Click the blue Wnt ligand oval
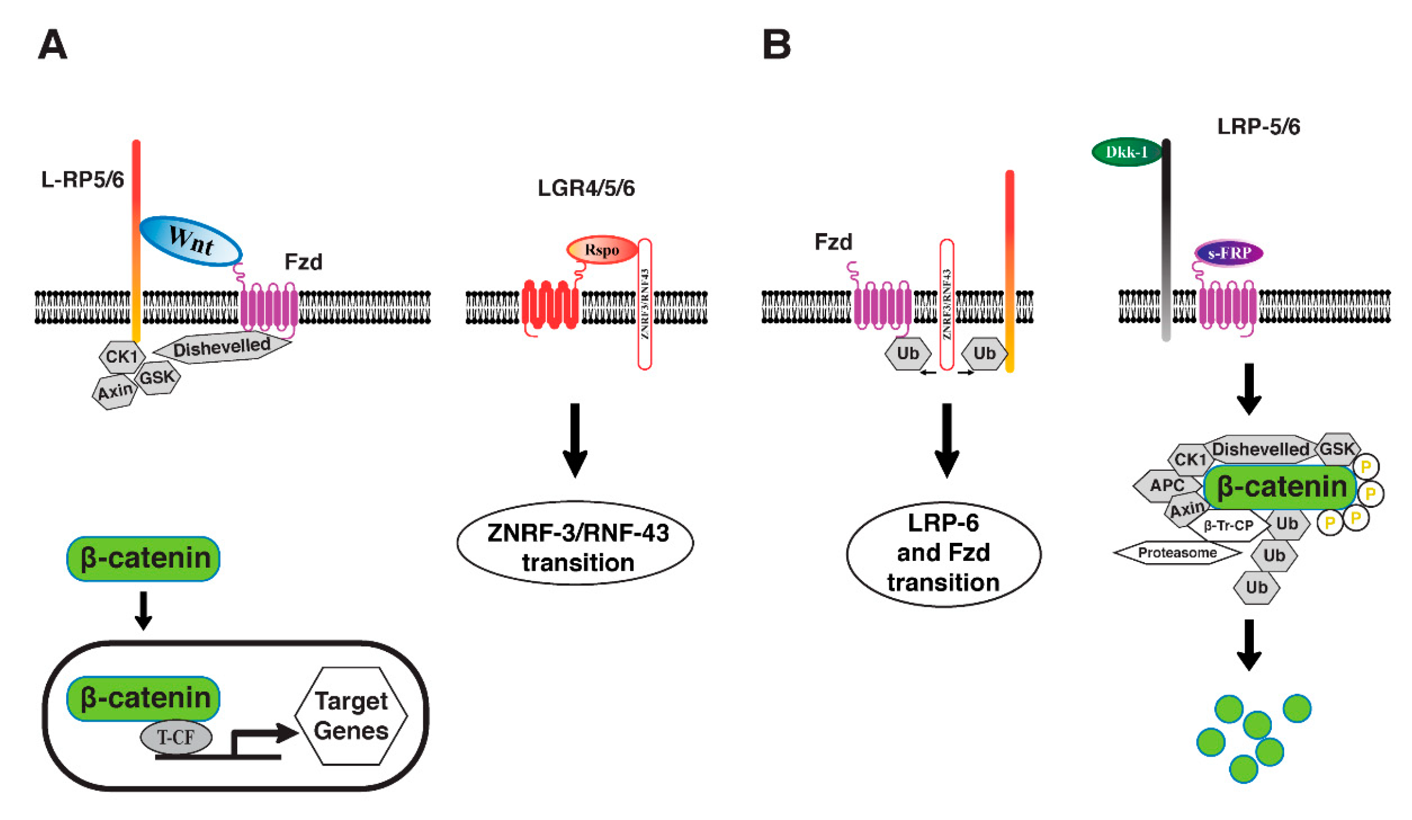pos(191,241)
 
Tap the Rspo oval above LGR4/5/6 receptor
pos(602,250)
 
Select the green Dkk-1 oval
pos(1127,152)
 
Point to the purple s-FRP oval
pos(1229,253)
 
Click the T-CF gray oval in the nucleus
pos(176,737)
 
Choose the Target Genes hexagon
pos(351,715)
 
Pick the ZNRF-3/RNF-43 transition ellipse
pos(575,543)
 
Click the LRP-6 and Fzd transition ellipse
pos(943,554)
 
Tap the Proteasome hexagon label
pos(1177,553)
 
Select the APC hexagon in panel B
pos(1167,485)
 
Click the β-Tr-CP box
pos(1228,526)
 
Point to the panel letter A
pos(52,44)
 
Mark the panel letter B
pos(777,44)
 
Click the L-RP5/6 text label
pos(83,180)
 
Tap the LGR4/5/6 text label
pos(586,188)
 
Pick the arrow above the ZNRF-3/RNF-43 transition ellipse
pos(575,441)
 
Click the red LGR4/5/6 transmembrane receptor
pos(550,306)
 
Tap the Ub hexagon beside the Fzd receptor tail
pos(907,353)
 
